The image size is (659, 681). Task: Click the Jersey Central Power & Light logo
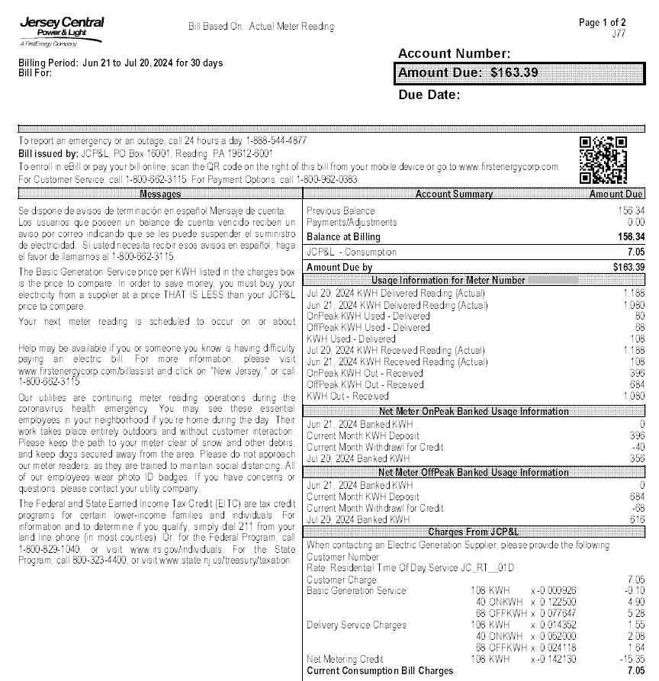[x=61, y=32]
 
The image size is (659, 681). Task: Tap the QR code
[x=603, y=160]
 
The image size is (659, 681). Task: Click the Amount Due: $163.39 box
[x=518, y=73]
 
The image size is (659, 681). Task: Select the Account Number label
[x=454, y=53]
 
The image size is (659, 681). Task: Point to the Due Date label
[x=429, y=95]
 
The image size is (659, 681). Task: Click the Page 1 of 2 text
[x=603, y=23]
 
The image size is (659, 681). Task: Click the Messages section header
[x=160, y=194]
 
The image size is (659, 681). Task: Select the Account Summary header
[x=454, y=194]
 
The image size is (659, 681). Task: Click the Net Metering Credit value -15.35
[x=633, y=659]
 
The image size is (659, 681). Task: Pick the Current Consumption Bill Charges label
[x=380, y=671]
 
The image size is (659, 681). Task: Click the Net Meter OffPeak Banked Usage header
[x=474, y=473]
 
